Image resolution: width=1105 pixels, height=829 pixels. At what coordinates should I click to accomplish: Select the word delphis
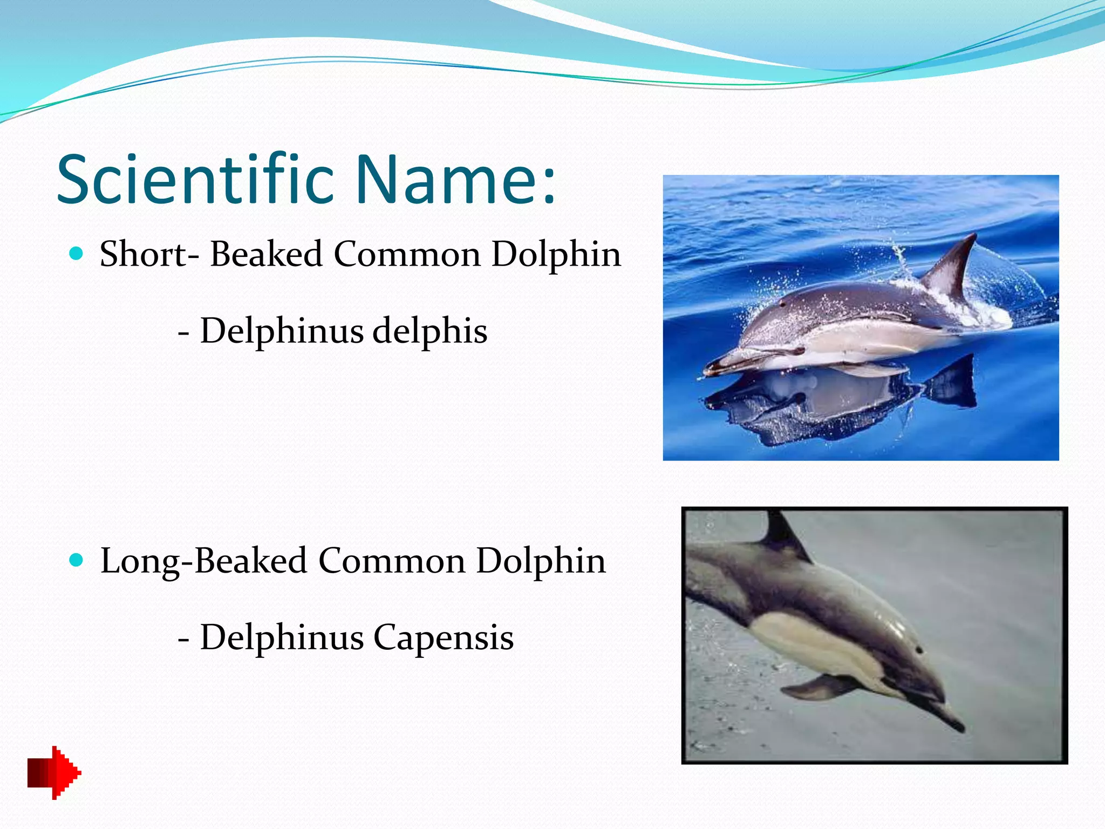[x=430, y=331]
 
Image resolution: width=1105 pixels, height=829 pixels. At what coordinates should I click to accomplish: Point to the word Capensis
[x=443, y=637]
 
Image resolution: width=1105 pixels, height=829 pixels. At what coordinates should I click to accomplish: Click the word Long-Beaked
[x=203, y=561]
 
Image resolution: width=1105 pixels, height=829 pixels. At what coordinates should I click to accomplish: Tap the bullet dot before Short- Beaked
[x=77, y=253]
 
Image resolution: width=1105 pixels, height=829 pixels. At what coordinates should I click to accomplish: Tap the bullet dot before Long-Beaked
[x=77, y=560]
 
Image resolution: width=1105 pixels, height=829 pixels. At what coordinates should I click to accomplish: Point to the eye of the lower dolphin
[x=918, y=649]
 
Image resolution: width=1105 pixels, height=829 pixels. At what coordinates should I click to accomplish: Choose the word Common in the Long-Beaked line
[x=392, y=561]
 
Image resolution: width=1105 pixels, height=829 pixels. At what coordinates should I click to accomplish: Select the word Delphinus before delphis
[x=282, y=331]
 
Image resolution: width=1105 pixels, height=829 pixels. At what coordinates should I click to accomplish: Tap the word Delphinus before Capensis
[x=282, y=637]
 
